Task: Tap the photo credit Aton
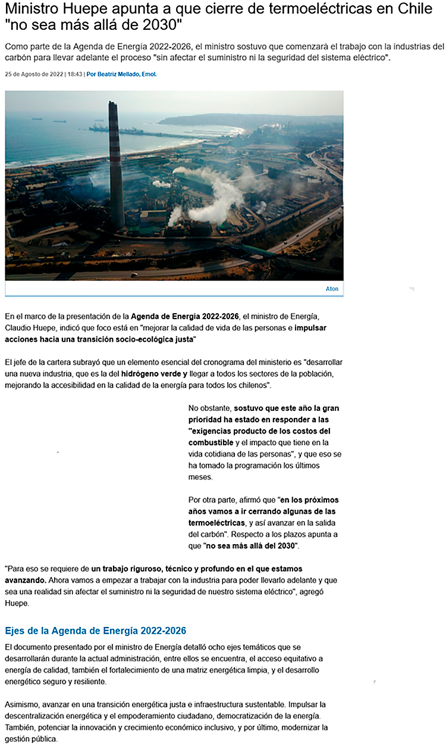[x=332, y=289]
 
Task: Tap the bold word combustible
[x=211, y=442]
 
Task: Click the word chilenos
[x=252, y=385]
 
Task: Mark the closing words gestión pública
[x=35, y=739]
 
